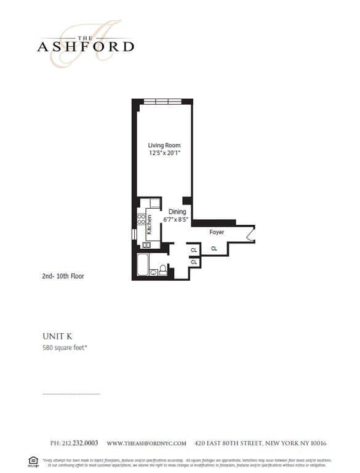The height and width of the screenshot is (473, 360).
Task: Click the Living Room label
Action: tap(164, 145)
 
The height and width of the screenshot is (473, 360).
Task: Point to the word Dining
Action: tap(177, 212)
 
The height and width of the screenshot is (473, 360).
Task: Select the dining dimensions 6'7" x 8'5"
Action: tap(177, 219)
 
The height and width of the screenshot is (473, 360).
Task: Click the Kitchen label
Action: tap(149, 225)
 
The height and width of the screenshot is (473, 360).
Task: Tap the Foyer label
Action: tap(217, 232)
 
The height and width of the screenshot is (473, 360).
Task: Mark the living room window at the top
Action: tap(164, 102)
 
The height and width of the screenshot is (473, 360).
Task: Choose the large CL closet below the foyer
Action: tap(214, 249)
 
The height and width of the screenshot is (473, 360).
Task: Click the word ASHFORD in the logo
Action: tap(86, 46)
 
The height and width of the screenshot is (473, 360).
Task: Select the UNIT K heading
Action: tap(58, 336)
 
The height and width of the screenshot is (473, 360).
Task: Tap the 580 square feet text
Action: tap(68, 349)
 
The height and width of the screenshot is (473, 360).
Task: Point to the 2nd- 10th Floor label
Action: tap(58, 276)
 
